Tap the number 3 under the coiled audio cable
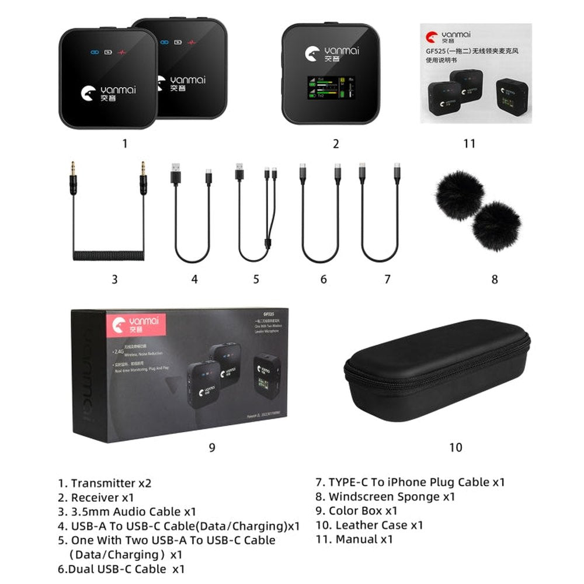[114, 279]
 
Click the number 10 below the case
[456, 447]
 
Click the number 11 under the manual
[469, 143]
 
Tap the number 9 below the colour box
[212, 447]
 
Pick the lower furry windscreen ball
[495, 227]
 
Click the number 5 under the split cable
[256, 279]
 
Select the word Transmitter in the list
[103, 484]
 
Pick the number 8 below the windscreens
[495, 279]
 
